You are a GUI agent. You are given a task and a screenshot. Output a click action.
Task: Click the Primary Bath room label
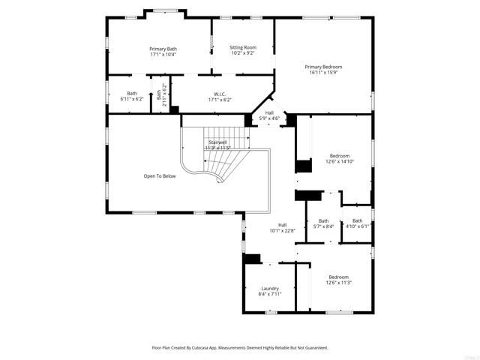tap(163, 49)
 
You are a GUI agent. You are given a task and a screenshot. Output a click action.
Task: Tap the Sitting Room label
tap(242, 47)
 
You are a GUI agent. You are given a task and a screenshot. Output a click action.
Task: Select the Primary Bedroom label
tap(323, 67)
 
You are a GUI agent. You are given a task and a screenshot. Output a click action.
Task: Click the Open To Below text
tap(160, 176)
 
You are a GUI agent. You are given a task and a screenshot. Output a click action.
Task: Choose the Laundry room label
tap(269, 289)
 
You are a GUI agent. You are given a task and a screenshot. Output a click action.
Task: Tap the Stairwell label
tap(217, 142)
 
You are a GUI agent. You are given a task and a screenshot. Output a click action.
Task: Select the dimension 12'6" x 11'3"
tap(339, 283)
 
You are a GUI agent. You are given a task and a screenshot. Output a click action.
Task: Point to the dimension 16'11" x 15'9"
tap(323, 73)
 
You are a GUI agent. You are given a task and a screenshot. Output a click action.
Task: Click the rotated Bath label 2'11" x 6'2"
tap(159, 96)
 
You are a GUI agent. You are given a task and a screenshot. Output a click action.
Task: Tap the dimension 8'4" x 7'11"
tap(269, 295)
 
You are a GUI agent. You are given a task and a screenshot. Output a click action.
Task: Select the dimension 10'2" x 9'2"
tap(242, 53)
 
